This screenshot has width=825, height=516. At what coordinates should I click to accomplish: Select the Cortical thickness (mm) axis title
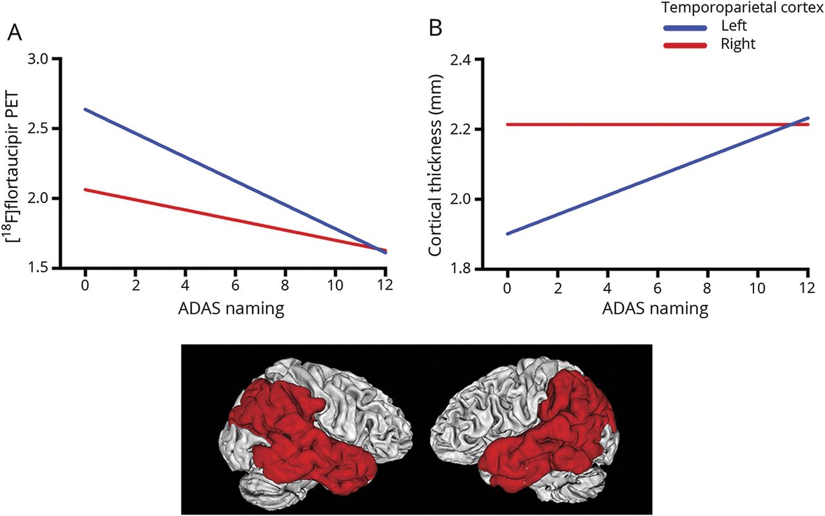click(x=435, y=164)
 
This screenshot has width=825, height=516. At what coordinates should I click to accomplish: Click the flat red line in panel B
click(x=645, y=124)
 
